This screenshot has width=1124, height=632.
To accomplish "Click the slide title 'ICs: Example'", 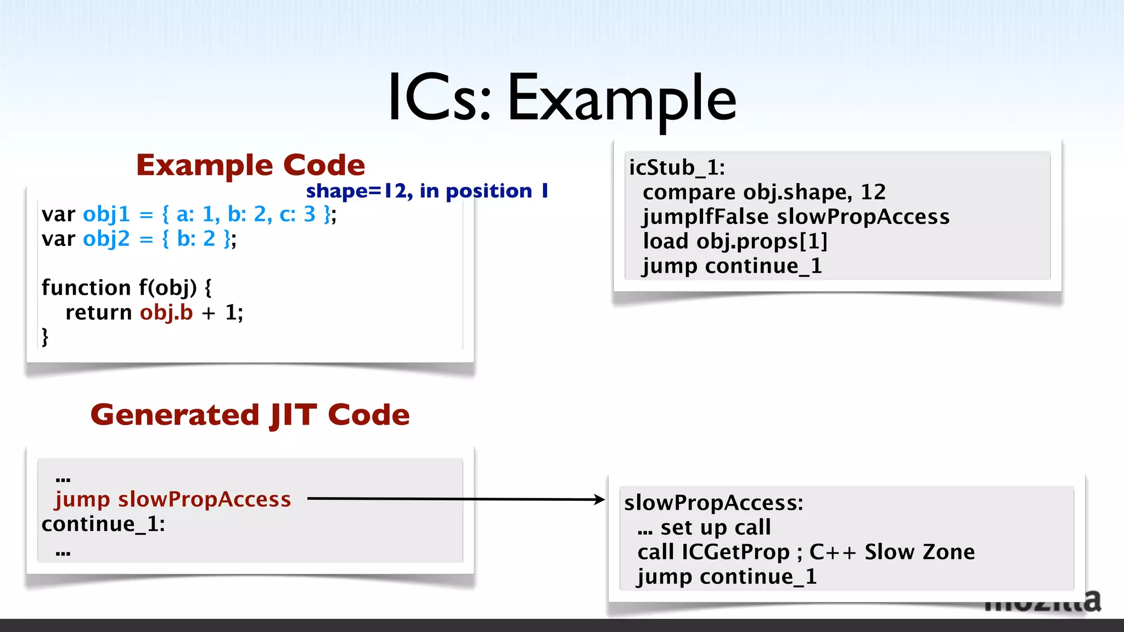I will tap(561, 99).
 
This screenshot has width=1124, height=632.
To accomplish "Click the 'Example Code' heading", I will tap(250, 165).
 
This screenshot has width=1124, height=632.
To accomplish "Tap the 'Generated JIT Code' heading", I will tap(250, 415).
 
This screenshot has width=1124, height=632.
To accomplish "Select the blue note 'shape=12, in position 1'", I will tap(427, 191).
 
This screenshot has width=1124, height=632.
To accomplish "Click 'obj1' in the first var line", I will tap(106, 214).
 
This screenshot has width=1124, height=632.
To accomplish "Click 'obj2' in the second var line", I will tap(106, 239).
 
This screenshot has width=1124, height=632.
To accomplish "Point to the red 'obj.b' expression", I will tap(166, 312).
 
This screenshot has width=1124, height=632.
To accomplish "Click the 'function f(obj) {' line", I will tap(126, 287).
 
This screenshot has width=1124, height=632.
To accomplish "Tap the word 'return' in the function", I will tap(98, 312).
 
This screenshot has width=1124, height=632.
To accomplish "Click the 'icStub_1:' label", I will tap(677, 167).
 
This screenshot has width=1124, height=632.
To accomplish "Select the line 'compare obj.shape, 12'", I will tap(764, 192).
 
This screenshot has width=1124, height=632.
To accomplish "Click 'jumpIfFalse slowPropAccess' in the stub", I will tap(796, 217).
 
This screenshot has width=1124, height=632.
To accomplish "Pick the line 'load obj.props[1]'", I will tap(735, 241).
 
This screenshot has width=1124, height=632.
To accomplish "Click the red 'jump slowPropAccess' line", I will tap(173, 499).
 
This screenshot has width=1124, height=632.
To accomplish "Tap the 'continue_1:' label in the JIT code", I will tap(103, 524).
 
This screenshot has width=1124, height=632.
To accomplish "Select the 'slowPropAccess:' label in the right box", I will tap(713, 503).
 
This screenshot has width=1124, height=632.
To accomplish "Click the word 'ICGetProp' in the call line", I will tap(735, 552).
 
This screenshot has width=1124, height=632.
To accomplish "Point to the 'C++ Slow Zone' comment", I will tap(892, 552).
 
